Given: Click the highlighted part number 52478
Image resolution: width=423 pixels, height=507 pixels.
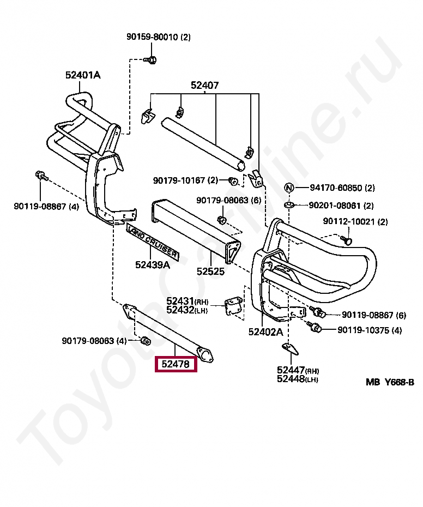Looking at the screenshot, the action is [176, 364].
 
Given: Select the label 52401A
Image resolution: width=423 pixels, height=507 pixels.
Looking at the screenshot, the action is [83, 75].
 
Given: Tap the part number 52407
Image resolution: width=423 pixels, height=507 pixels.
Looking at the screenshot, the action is [205, 85].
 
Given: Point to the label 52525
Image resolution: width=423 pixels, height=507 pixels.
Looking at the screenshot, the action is [210, 271].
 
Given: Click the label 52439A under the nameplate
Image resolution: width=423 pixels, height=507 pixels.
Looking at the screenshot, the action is [153, 264].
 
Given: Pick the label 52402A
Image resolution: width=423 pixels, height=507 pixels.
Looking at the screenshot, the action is [266, 332].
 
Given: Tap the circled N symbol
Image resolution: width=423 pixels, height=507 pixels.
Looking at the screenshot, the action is [289, 188].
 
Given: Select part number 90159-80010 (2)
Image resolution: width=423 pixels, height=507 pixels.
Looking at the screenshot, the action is [159, 37].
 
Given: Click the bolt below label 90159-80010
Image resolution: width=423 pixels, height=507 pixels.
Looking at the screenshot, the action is [150, 59].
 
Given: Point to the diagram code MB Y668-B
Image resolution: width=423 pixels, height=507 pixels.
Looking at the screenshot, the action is [390, 382].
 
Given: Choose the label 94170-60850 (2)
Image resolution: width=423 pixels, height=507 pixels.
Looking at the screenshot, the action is [342, 188].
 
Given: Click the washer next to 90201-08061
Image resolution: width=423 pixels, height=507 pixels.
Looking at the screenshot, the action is [289, 205].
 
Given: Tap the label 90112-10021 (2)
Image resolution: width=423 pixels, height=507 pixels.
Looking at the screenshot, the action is [355, 221].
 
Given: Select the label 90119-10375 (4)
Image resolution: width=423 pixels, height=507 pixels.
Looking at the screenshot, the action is [370, 330].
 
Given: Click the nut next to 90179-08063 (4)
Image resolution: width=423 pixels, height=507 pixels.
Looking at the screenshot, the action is [146, 340].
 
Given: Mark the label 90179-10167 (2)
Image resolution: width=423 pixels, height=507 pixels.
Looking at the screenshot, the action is [186, 180].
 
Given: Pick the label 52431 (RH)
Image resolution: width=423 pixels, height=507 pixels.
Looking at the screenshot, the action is [188, 301].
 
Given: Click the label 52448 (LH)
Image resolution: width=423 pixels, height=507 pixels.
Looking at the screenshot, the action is [298, 379].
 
